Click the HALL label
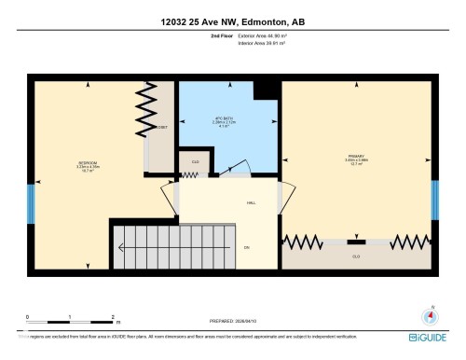(x=251, y=202)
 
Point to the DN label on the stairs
(x=246, y=247)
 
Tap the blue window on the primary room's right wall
(x=434, y=202)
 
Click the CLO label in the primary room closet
(x=355, y=256)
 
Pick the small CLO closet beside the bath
(x=195, y=162)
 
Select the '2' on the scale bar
(x=113, y=317)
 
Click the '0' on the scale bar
(x=29, y=317)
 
